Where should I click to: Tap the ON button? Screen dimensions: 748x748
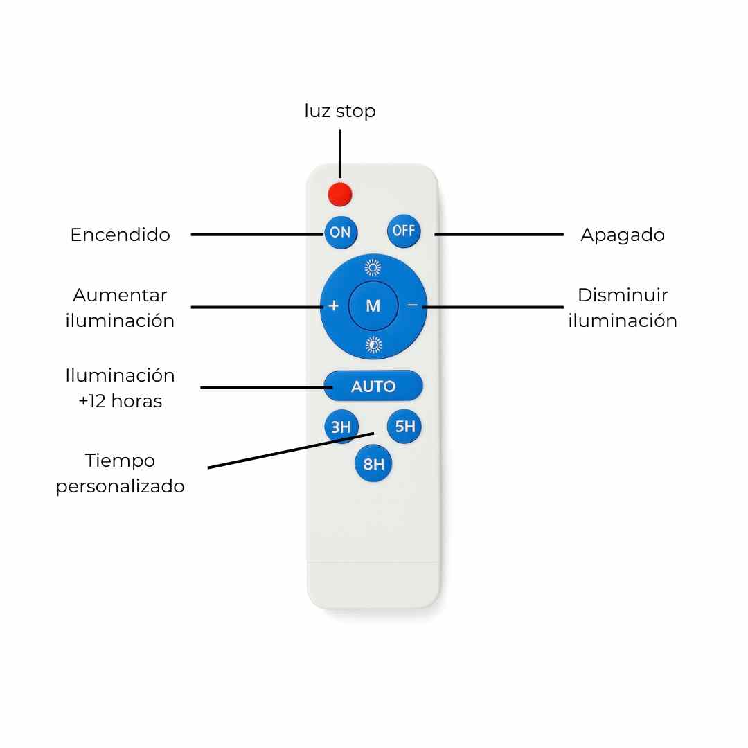(340, 233)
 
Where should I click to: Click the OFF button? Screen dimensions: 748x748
(403, 231)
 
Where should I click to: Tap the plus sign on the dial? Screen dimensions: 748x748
(333, 305)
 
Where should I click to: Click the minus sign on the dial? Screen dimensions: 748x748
(413, 305)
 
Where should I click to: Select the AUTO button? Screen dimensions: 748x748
(373, 386)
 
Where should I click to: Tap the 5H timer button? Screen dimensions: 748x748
(404, 427)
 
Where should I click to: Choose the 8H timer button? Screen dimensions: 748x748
(373, 464)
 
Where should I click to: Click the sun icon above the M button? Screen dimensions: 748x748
(373, 267)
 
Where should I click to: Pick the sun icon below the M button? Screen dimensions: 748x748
(373, 345)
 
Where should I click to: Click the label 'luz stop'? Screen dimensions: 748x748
(339, 111)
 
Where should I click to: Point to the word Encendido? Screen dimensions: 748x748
(120, 235)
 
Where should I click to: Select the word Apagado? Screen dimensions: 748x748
(622, 235)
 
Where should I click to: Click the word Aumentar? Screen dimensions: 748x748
(120, 295)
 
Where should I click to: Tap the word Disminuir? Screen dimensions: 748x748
(623, 295)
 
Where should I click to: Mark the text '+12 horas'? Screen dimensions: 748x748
(120, 401)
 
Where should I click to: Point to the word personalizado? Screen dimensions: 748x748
(120, 486)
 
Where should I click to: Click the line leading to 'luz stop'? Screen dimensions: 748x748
(339, 154)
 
